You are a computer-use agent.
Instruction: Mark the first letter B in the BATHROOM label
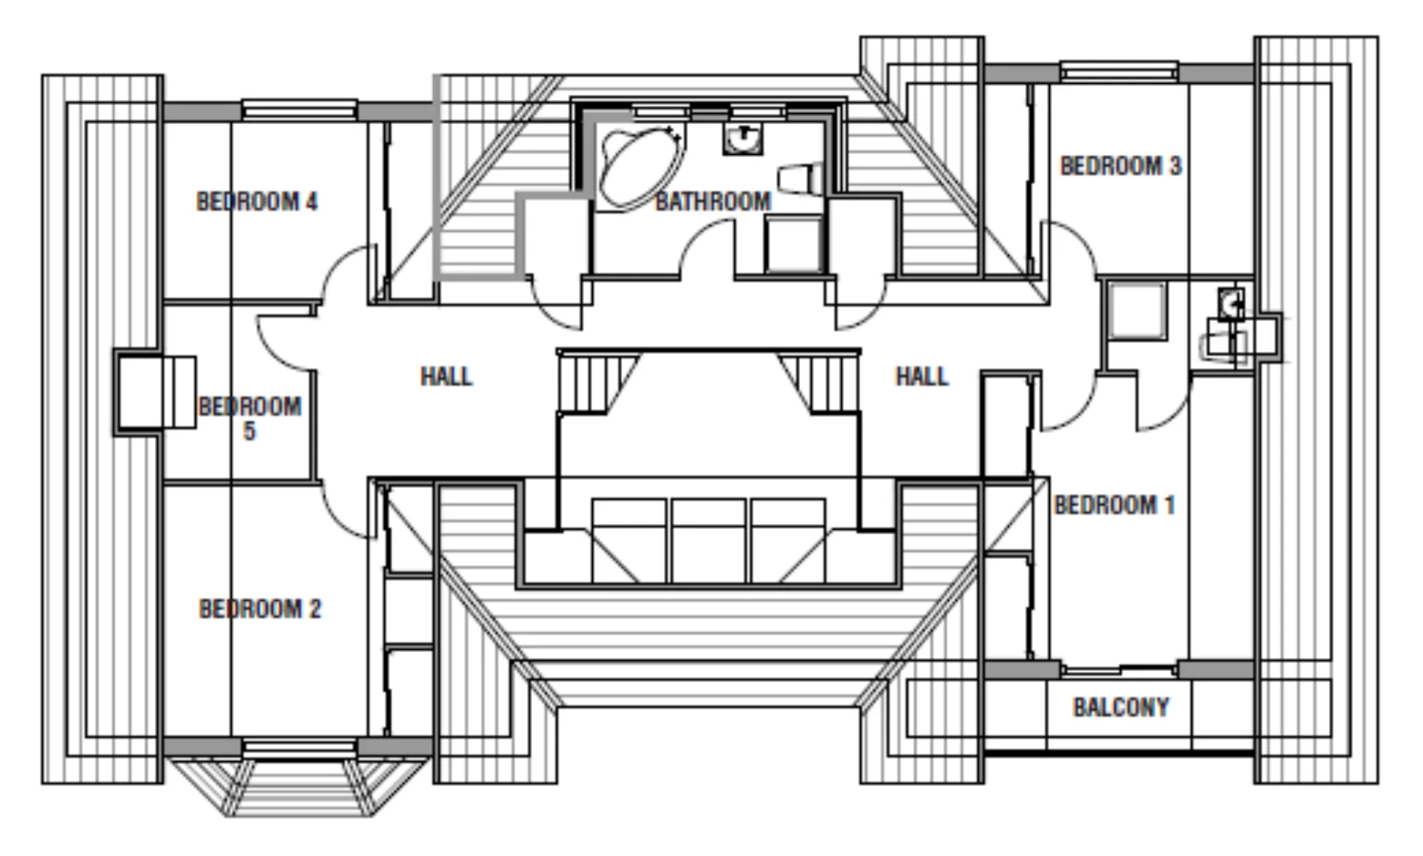(x=662, y=201)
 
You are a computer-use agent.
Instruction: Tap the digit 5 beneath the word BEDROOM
(x=250, y=432)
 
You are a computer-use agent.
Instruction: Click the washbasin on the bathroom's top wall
(x=742, y=139)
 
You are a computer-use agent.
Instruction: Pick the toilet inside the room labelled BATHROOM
(x=801, y=178)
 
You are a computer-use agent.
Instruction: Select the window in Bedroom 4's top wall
(x=299, y=110)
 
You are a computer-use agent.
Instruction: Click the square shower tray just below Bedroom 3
(x=1136, y=311)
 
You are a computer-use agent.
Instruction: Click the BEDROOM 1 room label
(x=1115, y=504)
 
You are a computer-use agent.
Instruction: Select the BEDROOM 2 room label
(x=260, y=609)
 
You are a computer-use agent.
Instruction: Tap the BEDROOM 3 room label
(x=1120, y=166)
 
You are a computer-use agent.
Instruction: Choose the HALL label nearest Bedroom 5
(x=446, y=376)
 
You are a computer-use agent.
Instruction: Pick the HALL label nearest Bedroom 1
(x=922, y=376)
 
